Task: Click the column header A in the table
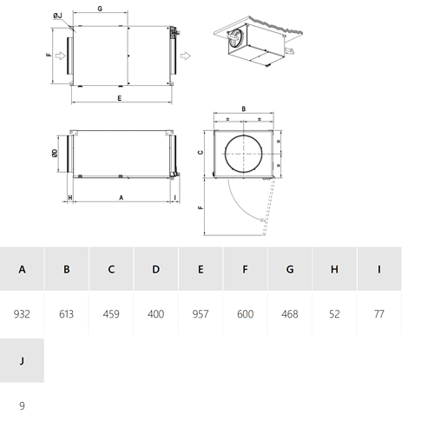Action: pos(22,269)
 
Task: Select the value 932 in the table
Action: pos(22,314)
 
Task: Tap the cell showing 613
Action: pos(67,314)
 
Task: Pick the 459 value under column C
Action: pos(111,314)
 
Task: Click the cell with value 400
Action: pos(155,314)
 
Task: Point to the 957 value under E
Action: pos(201,314)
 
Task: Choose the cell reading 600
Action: pos(245,314)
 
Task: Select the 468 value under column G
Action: pos(290,314)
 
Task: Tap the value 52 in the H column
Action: pos(334,314)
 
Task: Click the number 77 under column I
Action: pos(379,314)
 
